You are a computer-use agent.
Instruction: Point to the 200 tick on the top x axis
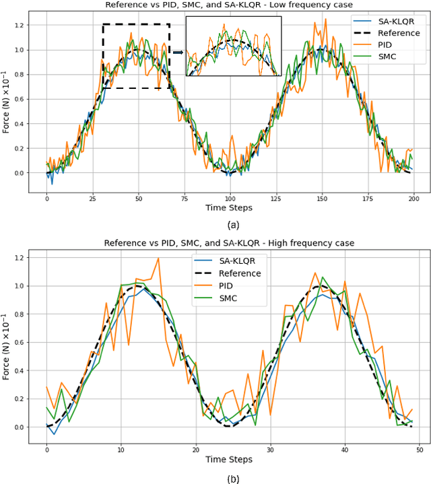[x=414, y=199]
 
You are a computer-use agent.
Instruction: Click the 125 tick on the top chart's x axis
[x=276, y=199]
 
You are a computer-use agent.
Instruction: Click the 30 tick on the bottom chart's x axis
[x=270, y=449]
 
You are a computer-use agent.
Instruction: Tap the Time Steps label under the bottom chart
[x=230, y=459]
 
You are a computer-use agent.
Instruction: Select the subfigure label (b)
[x=230, y=479]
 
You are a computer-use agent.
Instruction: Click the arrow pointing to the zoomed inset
[x=177, y=52]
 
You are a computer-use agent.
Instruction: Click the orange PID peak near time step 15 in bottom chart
[x=158, y=258]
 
